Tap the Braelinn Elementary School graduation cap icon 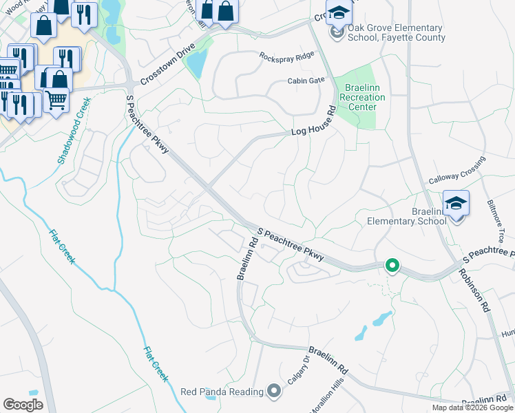click(455, 203)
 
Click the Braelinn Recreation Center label click(362, 98)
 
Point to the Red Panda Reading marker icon click(274, 392)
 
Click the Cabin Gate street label click(306, 81)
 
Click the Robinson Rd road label click(475, 288)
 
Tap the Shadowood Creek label click(74, 129)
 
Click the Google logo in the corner click(23, 404)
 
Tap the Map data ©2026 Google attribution click(472, 407)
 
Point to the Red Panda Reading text click(222, 392)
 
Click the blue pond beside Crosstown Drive click(196, 64)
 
